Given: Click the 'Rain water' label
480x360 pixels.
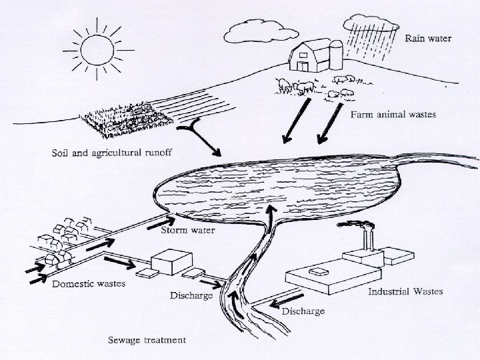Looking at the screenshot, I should click(x=429, y=38).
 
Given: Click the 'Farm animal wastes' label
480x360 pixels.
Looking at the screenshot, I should click(x=393, y=114).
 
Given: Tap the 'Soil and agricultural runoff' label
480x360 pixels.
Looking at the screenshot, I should click(x=112, y=153).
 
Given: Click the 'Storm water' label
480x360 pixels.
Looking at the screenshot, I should click(x=189, y=231).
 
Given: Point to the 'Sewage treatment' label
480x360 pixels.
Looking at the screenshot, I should click(x=147, y=340).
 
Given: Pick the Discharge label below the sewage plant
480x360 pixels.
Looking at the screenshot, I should click(x=191, y=295).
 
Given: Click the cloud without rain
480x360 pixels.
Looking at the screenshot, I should click(x=251, y=29).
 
